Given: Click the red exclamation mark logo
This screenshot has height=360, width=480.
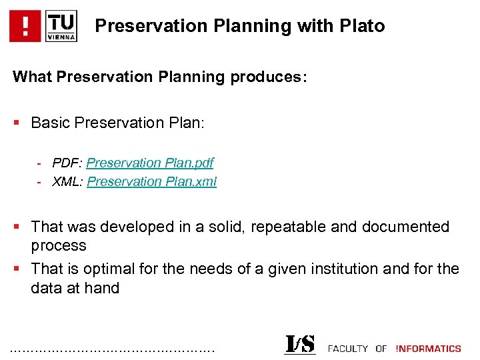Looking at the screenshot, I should pyautogui.click(x=25, y=27).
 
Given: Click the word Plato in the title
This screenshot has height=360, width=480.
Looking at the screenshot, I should pyautogui.click(x=362, y=26).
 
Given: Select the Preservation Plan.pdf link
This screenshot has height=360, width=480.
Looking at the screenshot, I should pyautogui.click(x=150, y=163).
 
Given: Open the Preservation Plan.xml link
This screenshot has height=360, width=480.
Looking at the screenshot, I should pyautogui.click(x=151, y=181).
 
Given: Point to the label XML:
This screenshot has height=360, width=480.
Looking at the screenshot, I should pyautogui.click(x=68, y=181).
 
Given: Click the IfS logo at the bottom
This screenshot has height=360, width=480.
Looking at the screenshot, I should pyautogui.click(x=300, y=344).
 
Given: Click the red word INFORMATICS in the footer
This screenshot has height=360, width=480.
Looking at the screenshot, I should pyautogui.click(x=428, y=349).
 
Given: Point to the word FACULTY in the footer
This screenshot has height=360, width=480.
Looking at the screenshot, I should pyautogui.click(x=348, y=349).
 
